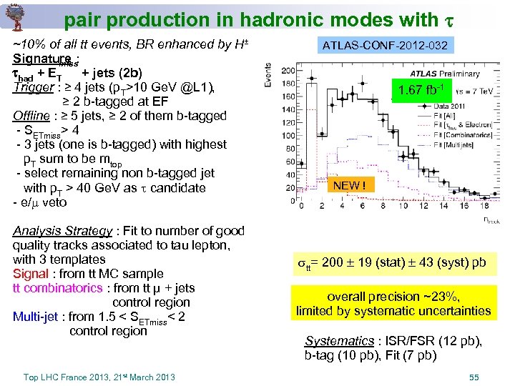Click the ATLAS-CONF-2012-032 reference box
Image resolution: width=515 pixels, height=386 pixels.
pos(385,46)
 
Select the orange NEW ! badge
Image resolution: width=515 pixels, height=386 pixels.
pos(350,186)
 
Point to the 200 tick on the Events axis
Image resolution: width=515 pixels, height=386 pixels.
pos(288,71)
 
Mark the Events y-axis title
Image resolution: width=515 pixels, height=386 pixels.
pos(268,74)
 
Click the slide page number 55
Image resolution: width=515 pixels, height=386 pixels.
pos(474,376)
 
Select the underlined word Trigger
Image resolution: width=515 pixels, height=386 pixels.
pos(33,87)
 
